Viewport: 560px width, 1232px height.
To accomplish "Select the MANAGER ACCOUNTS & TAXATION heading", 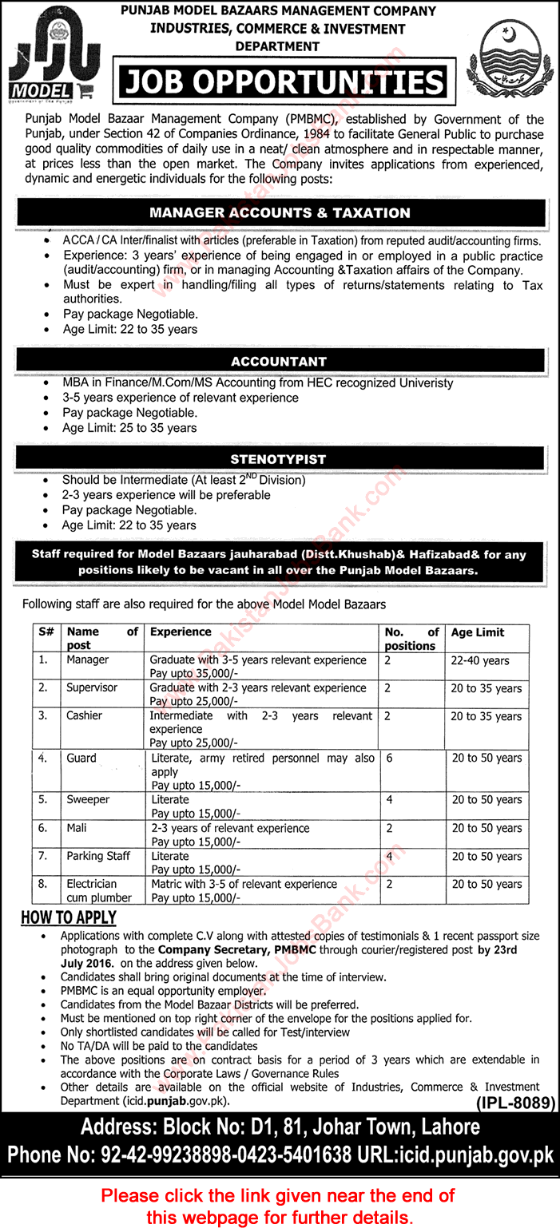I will coord(280,213).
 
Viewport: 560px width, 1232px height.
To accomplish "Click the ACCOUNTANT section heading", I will coord(279,362).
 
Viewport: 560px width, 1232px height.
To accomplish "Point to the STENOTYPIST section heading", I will coord(279,460).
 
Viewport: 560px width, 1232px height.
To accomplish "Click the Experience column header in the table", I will coord(181,632).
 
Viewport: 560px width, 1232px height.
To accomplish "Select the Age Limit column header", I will coord(478,632).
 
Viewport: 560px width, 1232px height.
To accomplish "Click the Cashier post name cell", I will coord(84,715).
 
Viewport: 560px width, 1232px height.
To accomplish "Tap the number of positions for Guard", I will coord(388,759).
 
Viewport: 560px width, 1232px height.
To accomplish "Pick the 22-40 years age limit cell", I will coord(479,661).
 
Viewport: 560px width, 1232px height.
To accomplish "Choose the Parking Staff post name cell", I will coord(98,856).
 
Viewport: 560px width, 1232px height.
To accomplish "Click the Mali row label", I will coord(77,828).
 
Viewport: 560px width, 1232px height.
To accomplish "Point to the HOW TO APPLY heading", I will coord(69,917).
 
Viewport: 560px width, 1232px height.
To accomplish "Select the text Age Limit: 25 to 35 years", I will coord(129,428).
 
